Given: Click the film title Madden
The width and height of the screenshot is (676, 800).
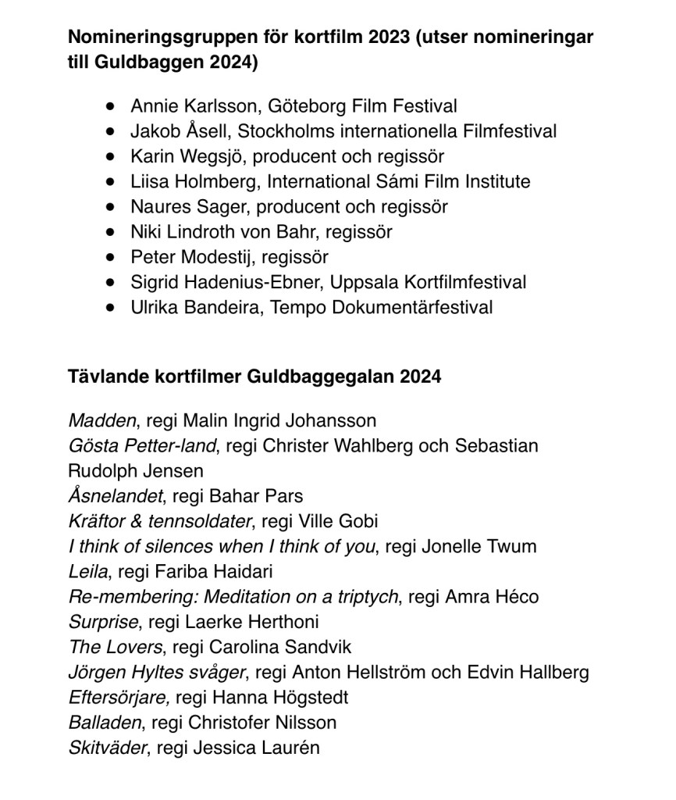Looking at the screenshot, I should [102, 420].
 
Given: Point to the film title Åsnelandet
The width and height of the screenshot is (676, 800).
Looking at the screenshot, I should [116, 496].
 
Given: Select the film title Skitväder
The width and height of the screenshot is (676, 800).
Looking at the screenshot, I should [108, 748].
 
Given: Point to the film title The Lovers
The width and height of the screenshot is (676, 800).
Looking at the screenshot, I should [116, 647].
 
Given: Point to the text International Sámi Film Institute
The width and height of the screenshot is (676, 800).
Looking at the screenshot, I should [399, 182].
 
